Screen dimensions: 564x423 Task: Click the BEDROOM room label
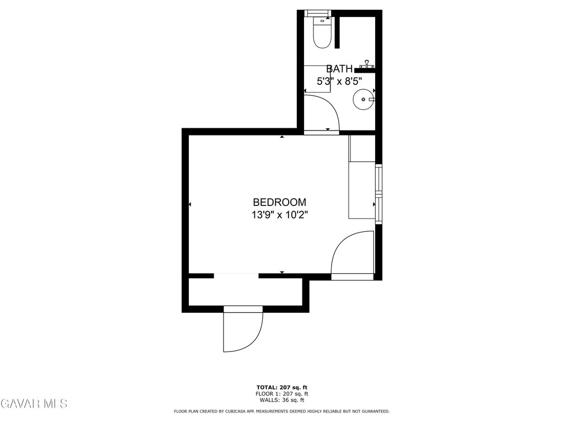tap(279, 202)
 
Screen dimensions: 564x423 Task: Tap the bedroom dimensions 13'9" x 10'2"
tap(279, 215)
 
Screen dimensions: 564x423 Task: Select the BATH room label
tap(339, 68)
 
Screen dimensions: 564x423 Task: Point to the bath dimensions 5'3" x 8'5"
tap(339, 82)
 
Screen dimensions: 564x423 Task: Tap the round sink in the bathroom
tap(364, 99)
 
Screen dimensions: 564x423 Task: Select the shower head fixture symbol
tap(367, 64)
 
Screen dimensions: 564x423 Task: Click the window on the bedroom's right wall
tap(378, 194)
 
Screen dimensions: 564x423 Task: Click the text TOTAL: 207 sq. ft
tap(281, 387)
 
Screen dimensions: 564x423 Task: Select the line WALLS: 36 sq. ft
tap(281, 400)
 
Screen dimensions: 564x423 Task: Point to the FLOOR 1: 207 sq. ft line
tap(281, 393)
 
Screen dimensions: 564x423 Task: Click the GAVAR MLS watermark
tap(34, 403)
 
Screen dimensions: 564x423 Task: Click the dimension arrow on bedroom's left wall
tap(190, 204)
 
